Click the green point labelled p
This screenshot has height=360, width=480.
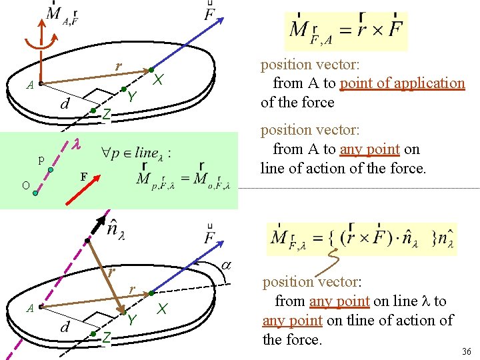point(50,170)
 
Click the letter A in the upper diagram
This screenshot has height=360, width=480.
point(29,85)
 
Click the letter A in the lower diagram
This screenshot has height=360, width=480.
point(29,308)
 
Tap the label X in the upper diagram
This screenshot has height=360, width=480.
point(158,79)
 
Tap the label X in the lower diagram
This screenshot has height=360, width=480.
point(161,309)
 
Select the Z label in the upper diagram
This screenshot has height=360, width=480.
point(105,115)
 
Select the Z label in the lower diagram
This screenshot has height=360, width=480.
point(105,338)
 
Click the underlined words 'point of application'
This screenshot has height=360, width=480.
point(402,83)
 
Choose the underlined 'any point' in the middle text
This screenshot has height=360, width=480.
point(370,149)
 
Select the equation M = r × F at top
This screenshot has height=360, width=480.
point(345,31)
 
